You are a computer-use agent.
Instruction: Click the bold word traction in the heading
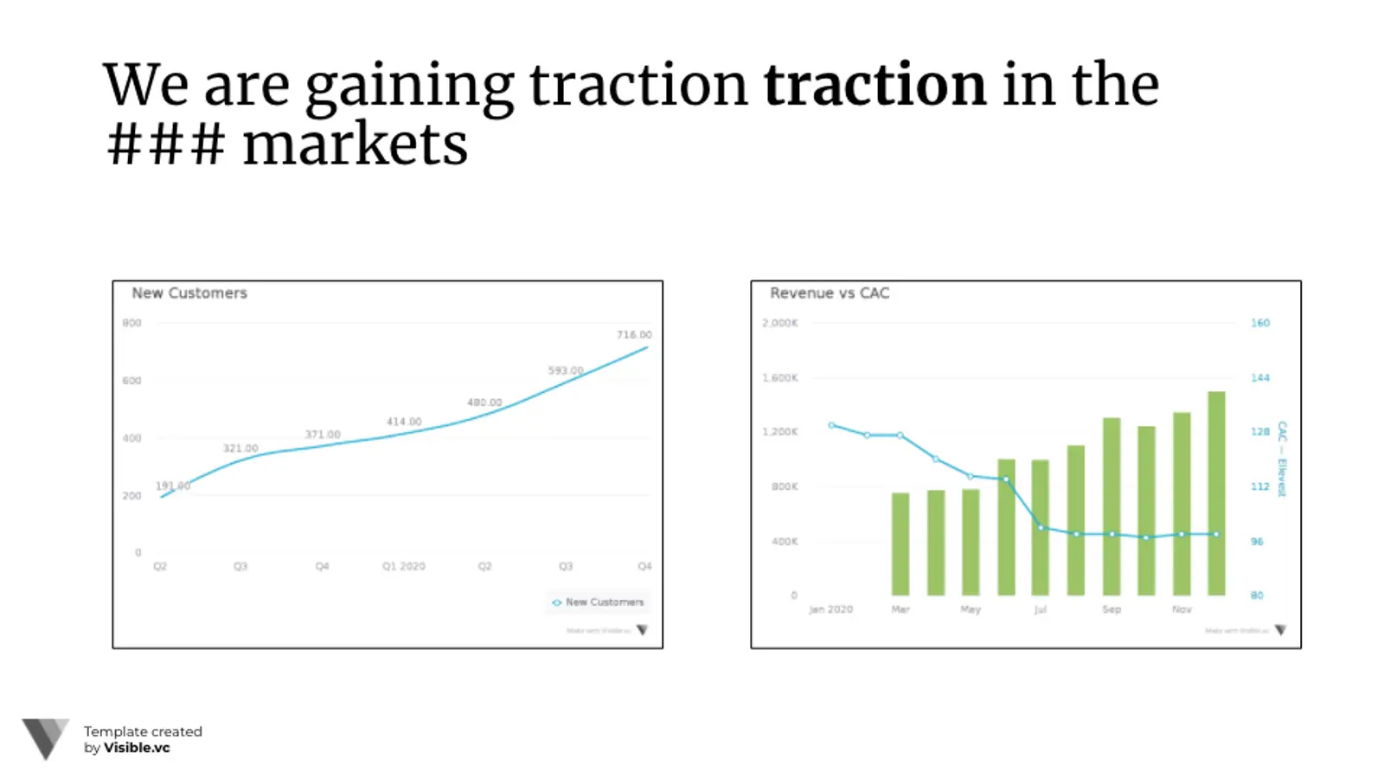point(874,85)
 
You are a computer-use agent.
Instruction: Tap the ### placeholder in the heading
point(165,145)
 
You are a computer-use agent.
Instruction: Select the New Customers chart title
point(189,293)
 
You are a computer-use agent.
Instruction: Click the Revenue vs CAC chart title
point(830,293)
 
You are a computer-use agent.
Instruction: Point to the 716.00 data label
point(634,335)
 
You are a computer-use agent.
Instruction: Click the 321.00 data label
point(240,448)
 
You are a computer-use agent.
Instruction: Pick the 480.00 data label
point(484,402)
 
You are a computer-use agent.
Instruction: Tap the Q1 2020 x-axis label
point(404,566)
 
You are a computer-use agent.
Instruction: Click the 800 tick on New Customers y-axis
point(131,323)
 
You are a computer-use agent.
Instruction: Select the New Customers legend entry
point(599,602)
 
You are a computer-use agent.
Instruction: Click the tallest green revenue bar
point(1216,493)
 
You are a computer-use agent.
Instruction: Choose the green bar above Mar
point(900,544)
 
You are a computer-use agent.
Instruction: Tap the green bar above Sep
point(1112,506)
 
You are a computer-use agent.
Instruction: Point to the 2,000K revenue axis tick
point(780,323)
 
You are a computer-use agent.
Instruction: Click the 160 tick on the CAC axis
point(1260,323)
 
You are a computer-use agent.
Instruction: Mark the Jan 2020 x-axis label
point(830,609)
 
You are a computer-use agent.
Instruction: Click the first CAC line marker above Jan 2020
point(831,425)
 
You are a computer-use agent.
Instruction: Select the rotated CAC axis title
point(1282,459)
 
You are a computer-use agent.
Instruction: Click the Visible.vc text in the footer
point(137,748)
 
